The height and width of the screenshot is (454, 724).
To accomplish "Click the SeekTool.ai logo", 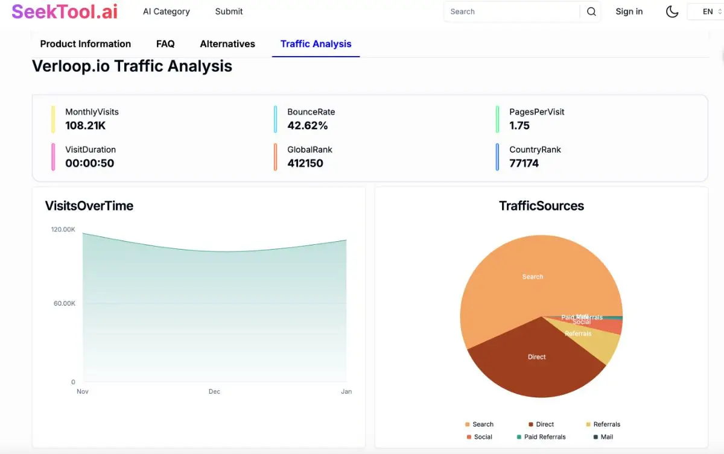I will pyautogui.click(x=65, y=11).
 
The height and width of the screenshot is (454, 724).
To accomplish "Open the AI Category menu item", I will pyautogui.click(x=166, y=11).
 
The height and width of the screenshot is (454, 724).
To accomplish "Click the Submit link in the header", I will pyautogui.click(x=229, y=11).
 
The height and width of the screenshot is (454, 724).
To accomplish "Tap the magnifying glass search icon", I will pyautogui.click(x=591, y=11).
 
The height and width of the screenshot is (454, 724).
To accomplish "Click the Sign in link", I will pyautogui.click(x=629, y=11).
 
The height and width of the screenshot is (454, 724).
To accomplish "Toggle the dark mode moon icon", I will pyautogui.click(x=672, y=11).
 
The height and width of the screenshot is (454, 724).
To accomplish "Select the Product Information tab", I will pyautogui.click(x=85, y=44).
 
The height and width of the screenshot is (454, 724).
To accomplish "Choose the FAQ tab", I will pyautogui.click(x=165, y=44).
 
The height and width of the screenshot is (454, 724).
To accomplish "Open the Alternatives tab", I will pyautogui.click(x=227, y=44).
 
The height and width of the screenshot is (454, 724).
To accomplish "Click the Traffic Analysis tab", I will pyautogui.click(x=316, y=44).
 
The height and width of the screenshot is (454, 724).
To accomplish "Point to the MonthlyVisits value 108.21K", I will pyautogui.click(x=86, y=125).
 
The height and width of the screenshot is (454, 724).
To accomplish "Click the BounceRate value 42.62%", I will pyautogui.click(x=308, y=125).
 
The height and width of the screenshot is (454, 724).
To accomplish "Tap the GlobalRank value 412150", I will pyautogui.click(x=305, y=163).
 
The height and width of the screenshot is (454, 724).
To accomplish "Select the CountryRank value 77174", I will pyautogui.click(x=524, y=163).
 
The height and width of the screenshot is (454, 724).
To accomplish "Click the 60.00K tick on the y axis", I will pyautogui.click(x=64, y=303).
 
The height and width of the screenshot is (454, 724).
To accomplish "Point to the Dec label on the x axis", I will pyautogui.click(x=214, y=391).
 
